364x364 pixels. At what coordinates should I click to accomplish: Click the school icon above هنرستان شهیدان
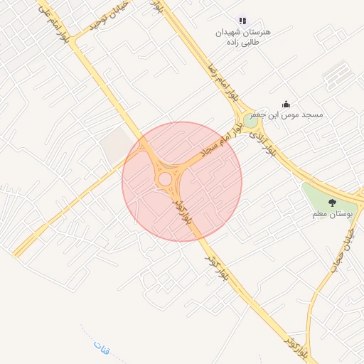coord(242,21)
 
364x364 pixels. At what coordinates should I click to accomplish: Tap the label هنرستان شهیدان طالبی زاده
coord(244,37)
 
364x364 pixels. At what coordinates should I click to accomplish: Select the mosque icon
coord(287,105)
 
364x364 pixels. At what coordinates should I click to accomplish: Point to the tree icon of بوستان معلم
coord(332,203)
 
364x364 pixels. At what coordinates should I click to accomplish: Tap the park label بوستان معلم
coord(333,214)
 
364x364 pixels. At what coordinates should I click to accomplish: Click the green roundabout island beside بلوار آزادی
coord(250,121)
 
